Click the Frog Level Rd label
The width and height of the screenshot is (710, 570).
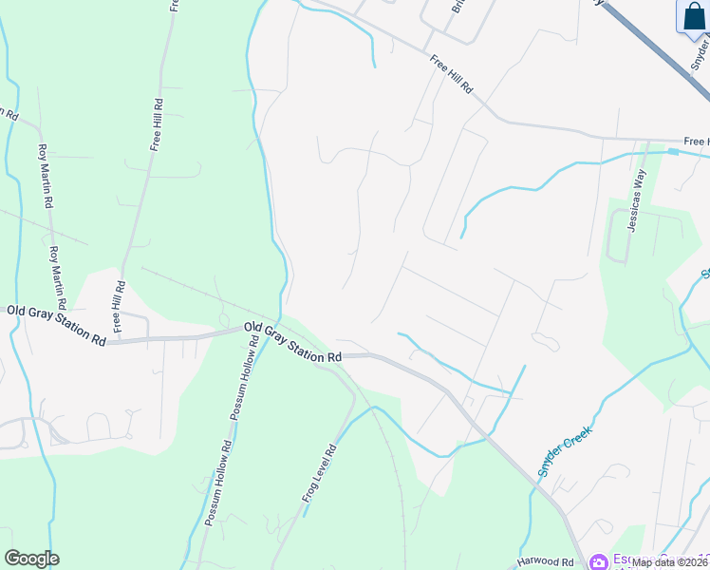(319, 473)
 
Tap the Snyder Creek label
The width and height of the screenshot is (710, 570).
(565, 449)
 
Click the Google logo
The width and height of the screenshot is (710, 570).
(31, 559)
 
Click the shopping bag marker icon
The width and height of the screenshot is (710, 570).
(692, 16)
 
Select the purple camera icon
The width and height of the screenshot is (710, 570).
(599, 561)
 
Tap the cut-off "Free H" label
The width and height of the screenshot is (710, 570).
(695, 142)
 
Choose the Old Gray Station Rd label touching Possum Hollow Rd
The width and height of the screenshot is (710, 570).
(292, 343)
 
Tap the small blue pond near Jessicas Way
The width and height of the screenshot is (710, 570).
(673, 150)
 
